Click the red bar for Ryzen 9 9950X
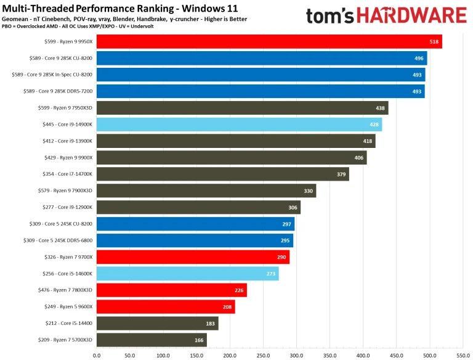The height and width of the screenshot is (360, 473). (x=269, y=42)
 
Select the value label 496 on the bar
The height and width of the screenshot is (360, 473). (x=419, y=59)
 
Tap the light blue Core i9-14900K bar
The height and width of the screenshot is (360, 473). (x=239, y=125)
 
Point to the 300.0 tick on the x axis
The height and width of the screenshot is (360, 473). (x=296, y=355)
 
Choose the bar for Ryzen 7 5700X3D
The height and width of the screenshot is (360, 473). (x=152, y=340)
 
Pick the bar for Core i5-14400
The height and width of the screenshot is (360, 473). (x=157, y=324)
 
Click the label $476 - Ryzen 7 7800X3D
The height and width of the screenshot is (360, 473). (x=60, y=290)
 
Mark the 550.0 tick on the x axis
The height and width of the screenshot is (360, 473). (x=463, y=355)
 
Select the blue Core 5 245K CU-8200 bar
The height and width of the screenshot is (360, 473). (x=195, y=224)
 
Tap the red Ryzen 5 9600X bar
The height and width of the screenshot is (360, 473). (x=166, y=307)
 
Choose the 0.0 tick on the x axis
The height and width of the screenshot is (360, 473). (x=97, y=355)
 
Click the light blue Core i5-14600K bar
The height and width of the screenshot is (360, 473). (x=187, y=274)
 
